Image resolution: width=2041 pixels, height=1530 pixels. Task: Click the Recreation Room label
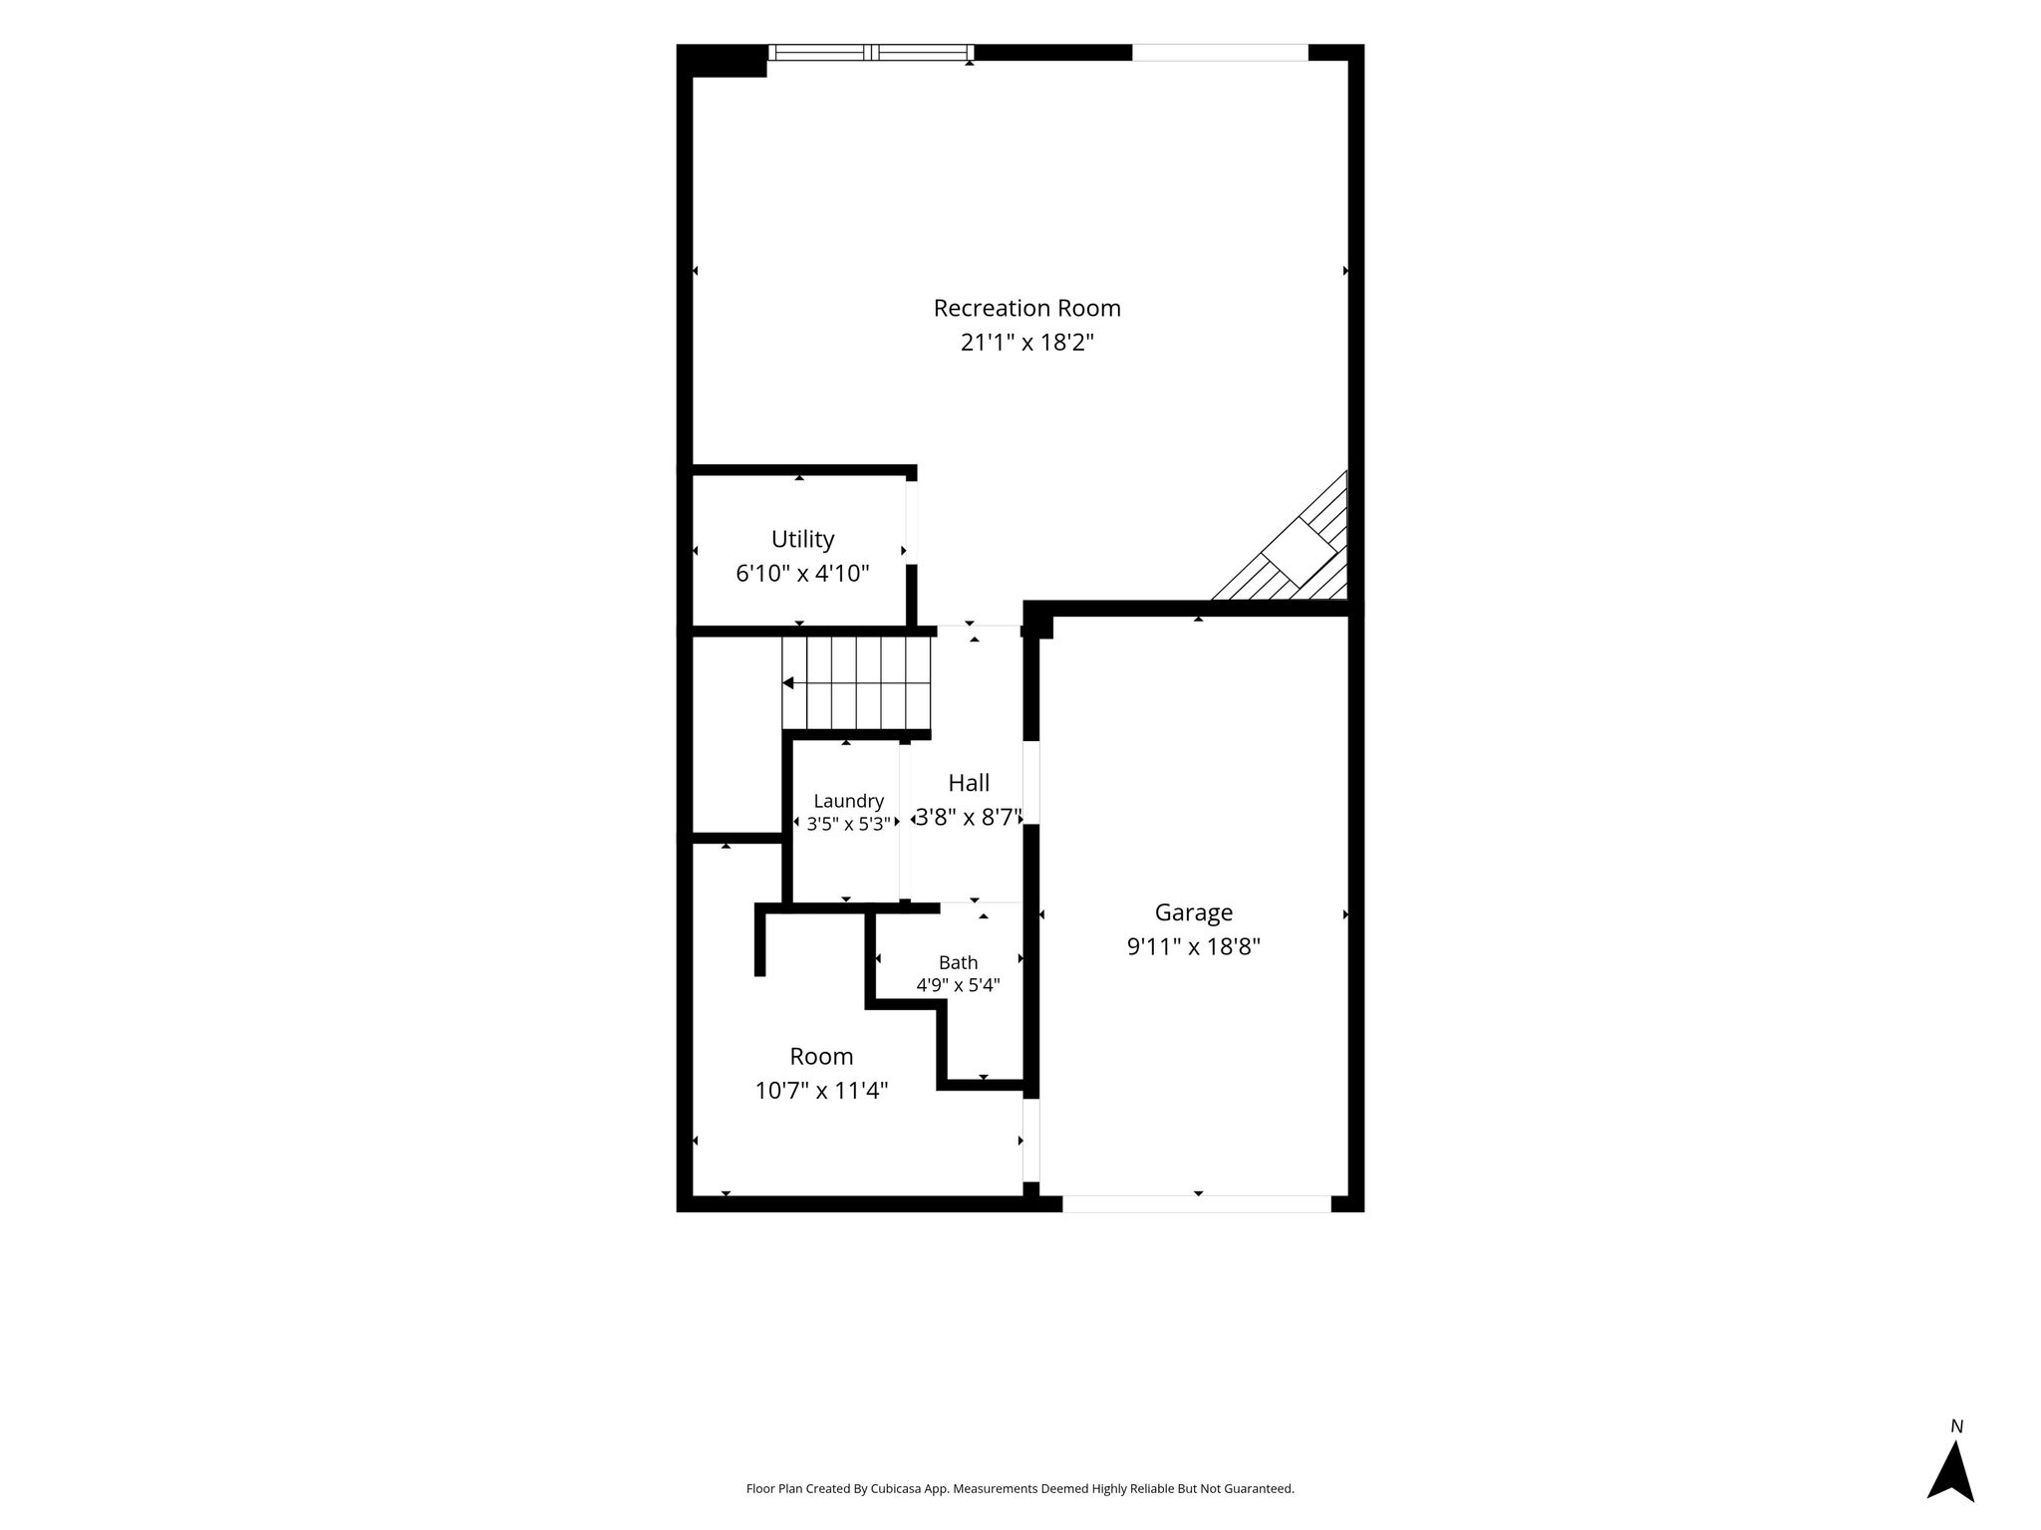click(x=1026, y=309)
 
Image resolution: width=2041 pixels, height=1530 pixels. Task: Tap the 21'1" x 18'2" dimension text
click(x=1026, y=343)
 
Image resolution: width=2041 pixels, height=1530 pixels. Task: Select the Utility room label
click(x=802, y=540)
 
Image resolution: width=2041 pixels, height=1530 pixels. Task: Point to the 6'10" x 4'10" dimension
click(x=802, y=574)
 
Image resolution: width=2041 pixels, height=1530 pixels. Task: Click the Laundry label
click(x=848, y=801)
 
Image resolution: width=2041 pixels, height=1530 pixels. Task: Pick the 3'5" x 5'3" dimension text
click(x=848, y=824)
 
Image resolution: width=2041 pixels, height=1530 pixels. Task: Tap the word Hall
click(x=969, y=783)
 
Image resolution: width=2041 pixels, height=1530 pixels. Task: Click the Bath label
click(x=958, y=962)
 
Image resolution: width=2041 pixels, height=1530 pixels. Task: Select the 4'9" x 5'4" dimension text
click(x=958, y=985)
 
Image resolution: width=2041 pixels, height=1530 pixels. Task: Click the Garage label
click(x=1193, y=912)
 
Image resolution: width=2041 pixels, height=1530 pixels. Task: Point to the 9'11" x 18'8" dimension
click(x=1193, y=946)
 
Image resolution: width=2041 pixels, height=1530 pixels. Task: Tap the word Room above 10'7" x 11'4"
click(x=821, y=1056)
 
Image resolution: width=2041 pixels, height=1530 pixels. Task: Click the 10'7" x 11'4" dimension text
click(x=821, y=1091)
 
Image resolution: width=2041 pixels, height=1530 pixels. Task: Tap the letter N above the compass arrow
click(x=1956, y=1426)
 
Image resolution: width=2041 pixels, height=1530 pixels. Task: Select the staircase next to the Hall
click(x=856, y=683)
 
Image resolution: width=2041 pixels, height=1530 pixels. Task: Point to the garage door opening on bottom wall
click(x=1197, y=1203)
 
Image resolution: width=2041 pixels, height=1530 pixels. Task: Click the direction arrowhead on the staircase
click(x=787, y=683)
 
